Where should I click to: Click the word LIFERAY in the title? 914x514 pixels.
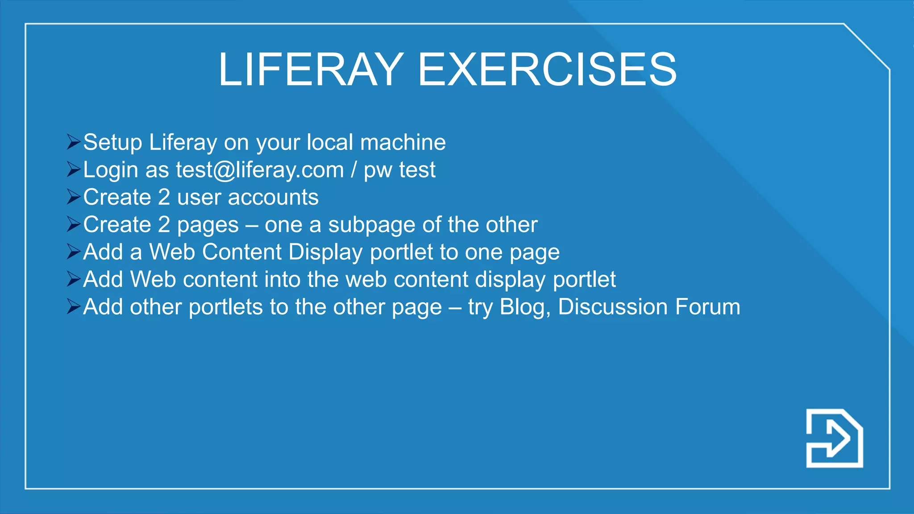[x=311, y=70]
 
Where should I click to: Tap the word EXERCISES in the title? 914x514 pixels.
[x=547, y=70]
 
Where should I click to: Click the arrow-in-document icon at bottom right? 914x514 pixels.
[x=834, y=438]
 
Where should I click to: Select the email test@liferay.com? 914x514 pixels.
[x=260, y=170]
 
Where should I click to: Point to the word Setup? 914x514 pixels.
[x=112, y=143]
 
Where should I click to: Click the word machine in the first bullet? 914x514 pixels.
[x=403, y=143]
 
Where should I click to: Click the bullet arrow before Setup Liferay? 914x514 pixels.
[x=73, y=142]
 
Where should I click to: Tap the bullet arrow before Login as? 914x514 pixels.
[x=73, y=169]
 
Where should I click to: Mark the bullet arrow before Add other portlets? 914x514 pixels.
[x=73, y=307]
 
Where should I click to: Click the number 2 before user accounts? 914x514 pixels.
[x=164, y=197]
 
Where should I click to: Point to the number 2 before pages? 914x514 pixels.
[x=164, y=224]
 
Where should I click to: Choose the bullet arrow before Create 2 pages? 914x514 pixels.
[x=73, y=224]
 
